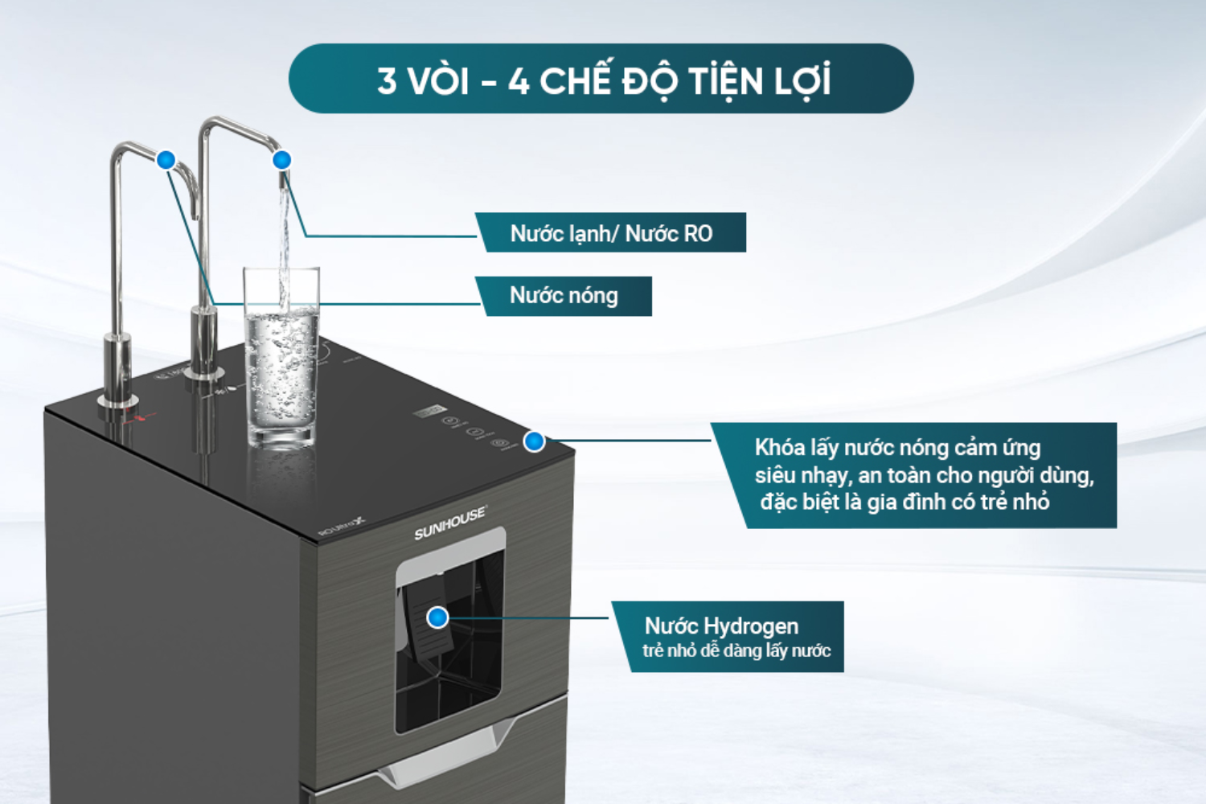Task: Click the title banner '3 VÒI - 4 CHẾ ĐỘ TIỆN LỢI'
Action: click(601, 80)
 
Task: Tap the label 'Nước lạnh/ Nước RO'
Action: click(611, 233)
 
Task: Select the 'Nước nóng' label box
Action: click(564, 296)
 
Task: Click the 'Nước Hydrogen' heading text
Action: click(721, 626)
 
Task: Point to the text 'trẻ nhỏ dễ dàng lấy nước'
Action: click(736, 650)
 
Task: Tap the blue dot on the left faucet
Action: click(166, 160)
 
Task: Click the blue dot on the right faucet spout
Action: click(281, 160)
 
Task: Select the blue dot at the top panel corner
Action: click(534, 441)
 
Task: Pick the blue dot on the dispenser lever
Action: click(437, 617)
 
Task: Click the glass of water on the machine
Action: click(281, 362)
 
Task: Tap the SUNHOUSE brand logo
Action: click(450, 523)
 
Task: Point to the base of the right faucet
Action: click(204, 366)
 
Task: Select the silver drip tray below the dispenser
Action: click(450, 752)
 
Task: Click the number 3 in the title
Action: click(387, 80)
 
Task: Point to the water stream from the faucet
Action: click(283, 241)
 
